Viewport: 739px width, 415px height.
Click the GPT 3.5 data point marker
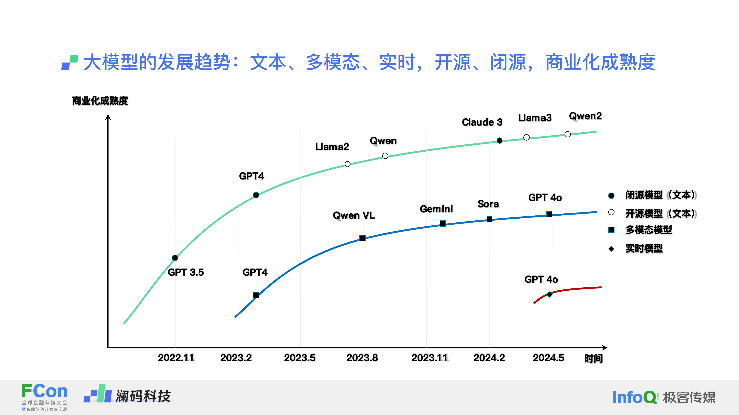(175, 258)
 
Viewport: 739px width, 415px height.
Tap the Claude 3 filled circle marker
(499, 141)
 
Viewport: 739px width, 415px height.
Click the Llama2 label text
(332, 147)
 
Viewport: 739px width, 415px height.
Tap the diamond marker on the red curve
(549, 294)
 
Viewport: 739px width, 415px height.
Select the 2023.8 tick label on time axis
(362, 358)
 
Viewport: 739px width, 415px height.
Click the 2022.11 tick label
(176, 358)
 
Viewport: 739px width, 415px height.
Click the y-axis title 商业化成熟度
(100, 101)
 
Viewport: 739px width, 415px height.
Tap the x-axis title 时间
(594, 358)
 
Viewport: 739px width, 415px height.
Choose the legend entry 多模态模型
(649, 230)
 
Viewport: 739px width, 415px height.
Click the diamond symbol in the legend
(611, 249)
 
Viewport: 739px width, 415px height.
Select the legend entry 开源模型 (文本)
(660, 213)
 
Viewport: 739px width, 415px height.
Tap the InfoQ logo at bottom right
(634, 397)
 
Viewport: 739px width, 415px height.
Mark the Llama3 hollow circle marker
(526, 137)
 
